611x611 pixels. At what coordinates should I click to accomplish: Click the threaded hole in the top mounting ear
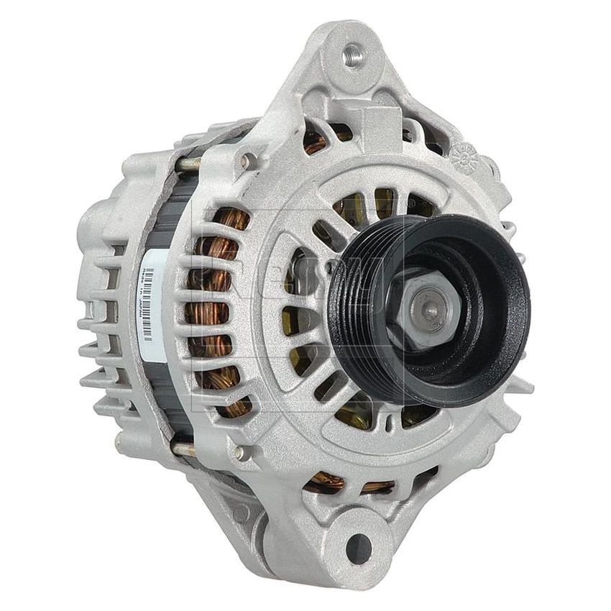click(352, 55)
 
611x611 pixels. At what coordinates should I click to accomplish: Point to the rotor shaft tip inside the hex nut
click(428, 308)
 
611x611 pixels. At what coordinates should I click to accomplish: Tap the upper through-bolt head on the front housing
click(247, 160)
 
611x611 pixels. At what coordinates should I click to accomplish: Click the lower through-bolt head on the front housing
click(237, 453)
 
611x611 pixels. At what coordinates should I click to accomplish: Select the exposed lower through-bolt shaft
click(183, 449)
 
